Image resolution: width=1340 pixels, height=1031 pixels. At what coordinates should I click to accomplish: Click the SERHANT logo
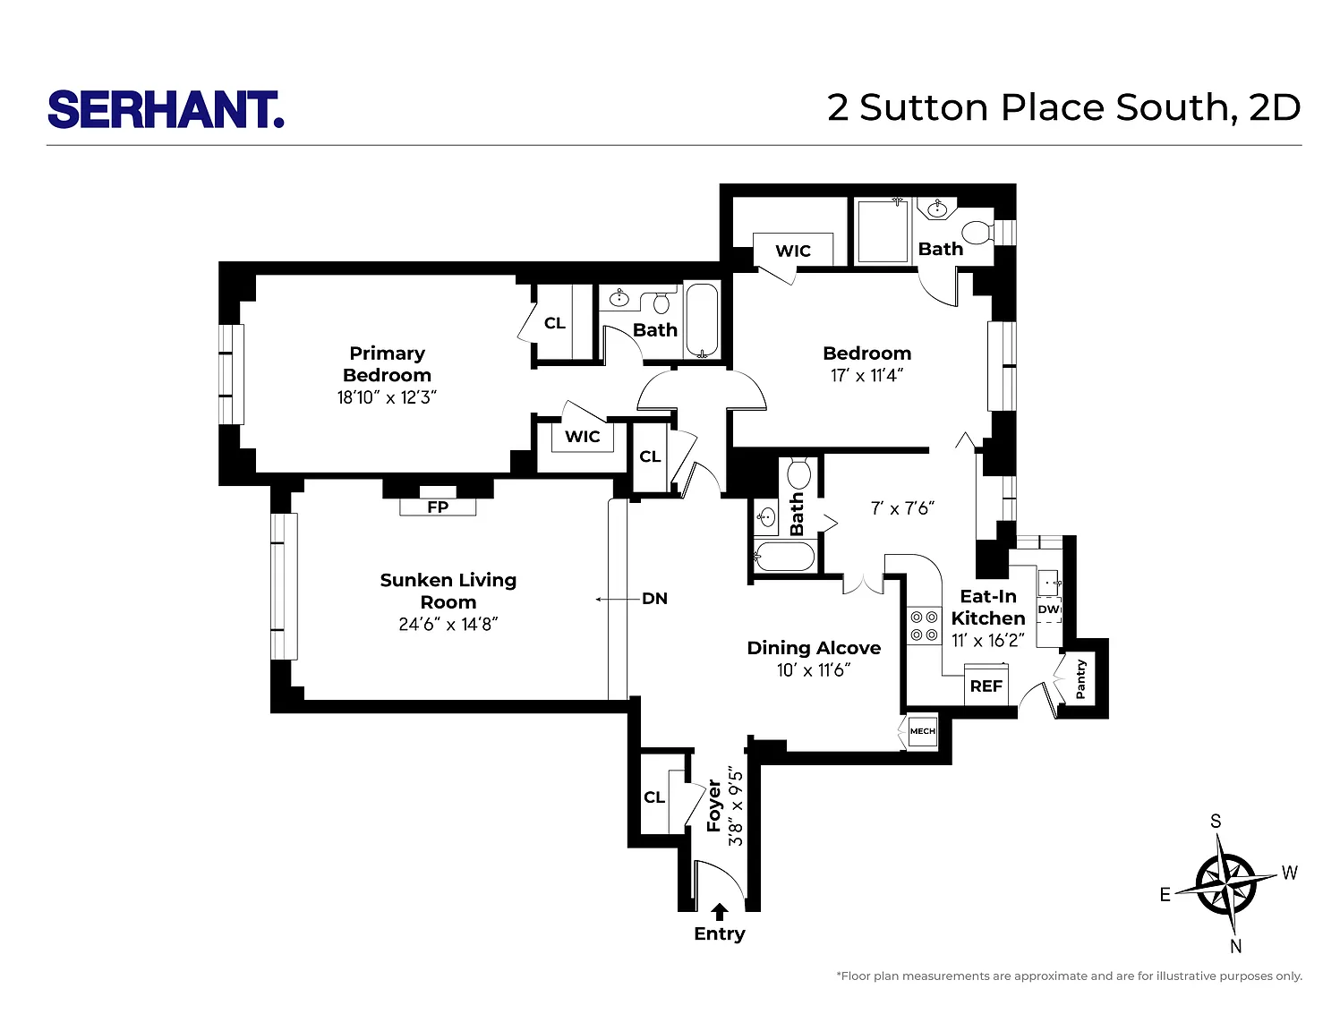[166, 110]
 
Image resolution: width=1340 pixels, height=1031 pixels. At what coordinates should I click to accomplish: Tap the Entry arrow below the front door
[719, 912]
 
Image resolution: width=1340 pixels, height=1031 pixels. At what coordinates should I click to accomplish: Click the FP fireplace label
[438, 507]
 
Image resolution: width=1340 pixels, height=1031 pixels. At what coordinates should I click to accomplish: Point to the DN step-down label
[654, 599]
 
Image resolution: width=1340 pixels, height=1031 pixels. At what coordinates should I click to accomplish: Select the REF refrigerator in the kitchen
[986, 685]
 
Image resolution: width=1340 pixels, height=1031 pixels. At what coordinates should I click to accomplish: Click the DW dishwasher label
[1048, 609]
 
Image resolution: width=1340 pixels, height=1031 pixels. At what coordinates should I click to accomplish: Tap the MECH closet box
[923, 731]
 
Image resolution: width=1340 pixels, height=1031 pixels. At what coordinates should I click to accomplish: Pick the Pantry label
[1080, 679]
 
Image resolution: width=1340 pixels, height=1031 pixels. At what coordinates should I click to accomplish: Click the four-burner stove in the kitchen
[925, 626]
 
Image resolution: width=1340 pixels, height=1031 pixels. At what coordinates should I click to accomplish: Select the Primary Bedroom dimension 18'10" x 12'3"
[387, 397]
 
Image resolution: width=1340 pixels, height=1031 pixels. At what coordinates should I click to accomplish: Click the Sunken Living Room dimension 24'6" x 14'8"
[448, 625]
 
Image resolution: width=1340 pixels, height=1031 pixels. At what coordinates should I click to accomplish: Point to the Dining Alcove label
[814, 648]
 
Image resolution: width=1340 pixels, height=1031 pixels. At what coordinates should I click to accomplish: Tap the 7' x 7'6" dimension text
[903, 508]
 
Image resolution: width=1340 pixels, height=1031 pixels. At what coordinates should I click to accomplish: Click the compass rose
[1226, 884]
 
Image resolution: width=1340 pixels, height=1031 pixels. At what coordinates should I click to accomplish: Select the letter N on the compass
[1236, 947]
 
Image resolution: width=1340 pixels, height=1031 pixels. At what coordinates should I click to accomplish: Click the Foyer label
[713, 806]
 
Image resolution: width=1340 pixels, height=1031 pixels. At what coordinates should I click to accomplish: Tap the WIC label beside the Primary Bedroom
[582, 437]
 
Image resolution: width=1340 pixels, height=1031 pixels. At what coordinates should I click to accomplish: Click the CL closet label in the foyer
[654, 797]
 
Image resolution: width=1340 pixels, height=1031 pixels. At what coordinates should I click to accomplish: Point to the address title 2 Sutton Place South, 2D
[1063, 108]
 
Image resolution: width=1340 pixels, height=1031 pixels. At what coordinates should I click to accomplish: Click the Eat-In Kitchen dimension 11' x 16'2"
[988, 641]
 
